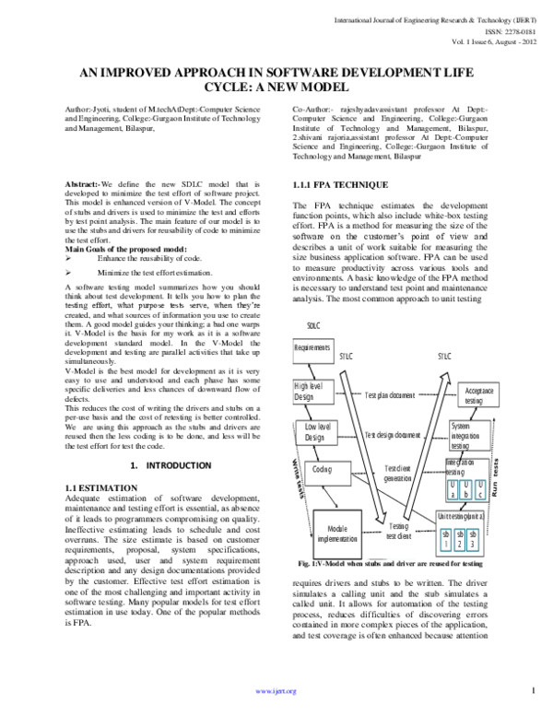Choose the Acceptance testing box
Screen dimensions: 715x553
click(474, 396)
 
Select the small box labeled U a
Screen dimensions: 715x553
click(453, 489)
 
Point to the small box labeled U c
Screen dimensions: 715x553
click(479, 489)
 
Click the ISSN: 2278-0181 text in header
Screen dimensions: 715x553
click(508, 30)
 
